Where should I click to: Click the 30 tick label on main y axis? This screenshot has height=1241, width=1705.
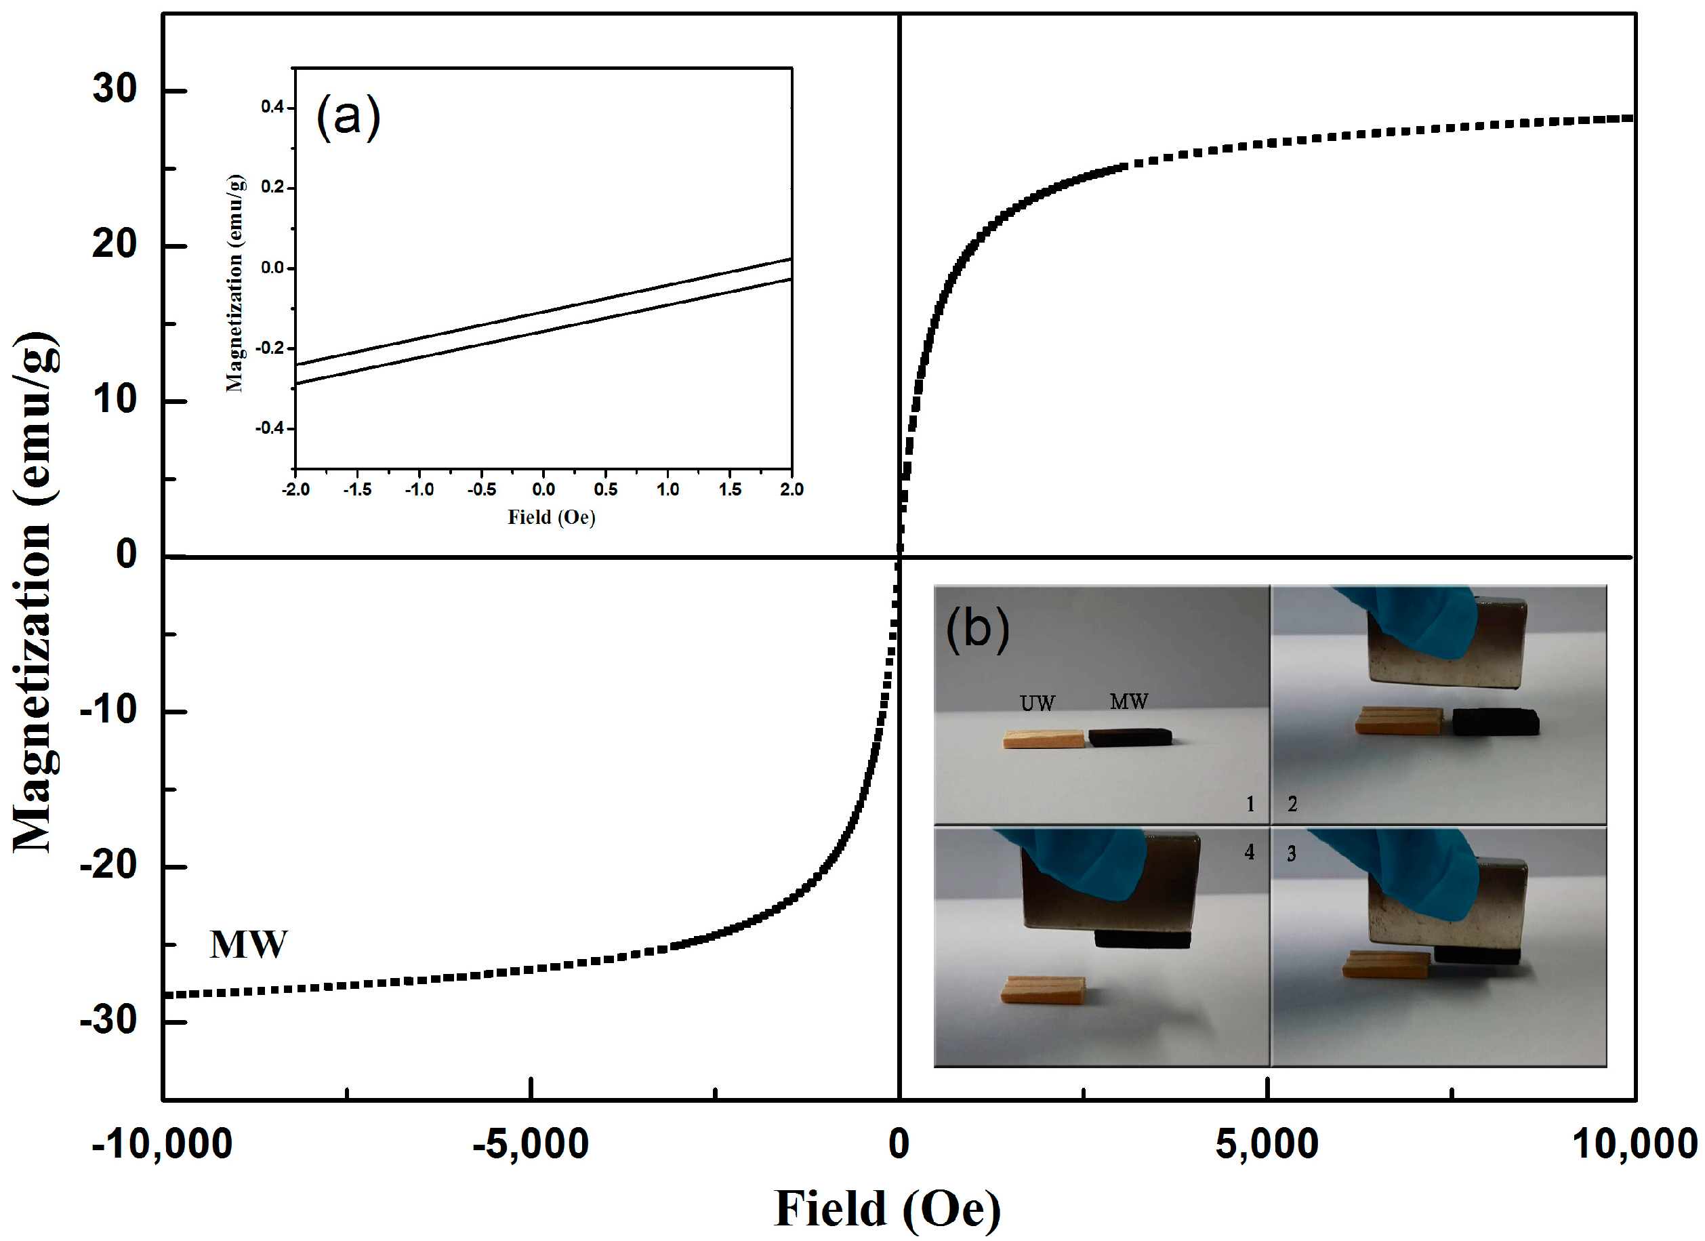[115, 89]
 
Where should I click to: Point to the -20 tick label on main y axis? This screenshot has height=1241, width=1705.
[109, 867]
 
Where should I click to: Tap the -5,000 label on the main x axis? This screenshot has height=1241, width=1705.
[530, 1144]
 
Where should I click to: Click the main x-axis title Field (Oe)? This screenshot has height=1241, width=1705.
[887, 1209]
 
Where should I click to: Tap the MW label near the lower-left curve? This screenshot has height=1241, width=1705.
[248, 945]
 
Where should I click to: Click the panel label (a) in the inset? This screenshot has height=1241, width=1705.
[348, 117]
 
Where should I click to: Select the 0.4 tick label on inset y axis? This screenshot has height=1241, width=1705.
[272, 108]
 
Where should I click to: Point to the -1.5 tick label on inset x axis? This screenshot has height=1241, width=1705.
[357, 489]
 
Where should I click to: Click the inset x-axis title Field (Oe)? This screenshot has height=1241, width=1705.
[551, 517]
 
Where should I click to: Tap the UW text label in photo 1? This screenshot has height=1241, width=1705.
[1038, 704]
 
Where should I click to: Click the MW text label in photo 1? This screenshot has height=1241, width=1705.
[1129, 702]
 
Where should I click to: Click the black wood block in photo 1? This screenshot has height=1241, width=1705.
[1130, 737]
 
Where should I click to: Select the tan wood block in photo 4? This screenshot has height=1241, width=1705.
[1044, 990]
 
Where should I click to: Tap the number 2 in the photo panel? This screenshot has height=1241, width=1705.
[1292, 805]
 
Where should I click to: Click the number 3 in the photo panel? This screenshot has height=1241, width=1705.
[1292, 853]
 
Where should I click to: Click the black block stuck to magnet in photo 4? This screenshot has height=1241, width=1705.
[1143, 939]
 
